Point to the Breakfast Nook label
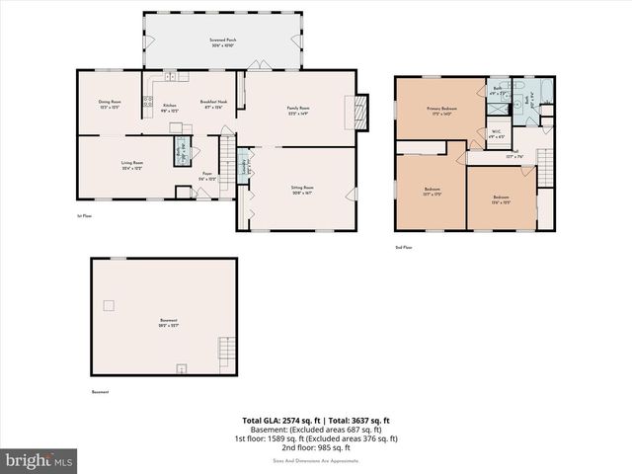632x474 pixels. coord(214,103)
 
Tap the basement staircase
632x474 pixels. coord(226,351)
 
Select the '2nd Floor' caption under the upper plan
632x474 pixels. coord(403,247)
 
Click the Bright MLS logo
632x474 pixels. coord(39,460)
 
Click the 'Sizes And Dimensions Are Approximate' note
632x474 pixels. coord(316,460)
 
